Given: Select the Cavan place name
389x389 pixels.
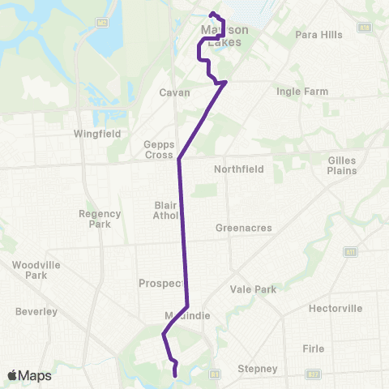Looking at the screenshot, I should point(174,92).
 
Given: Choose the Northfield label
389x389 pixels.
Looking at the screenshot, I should point(239,169).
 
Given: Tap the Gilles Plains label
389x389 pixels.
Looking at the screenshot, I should point(342,166).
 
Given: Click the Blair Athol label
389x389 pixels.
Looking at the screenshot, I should point(166,210).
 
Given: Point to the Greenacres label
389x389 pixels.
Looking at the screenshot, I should point(244,228).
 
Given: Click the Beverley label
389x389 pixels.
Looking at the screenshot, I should point(36,311).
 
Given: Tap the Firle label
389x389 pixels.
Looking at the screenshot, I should point(313,348).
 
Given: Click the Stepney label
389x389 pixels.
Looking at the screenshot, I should point(259,369).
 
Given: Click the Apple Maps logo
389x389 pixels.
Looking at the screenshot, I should point(29,375).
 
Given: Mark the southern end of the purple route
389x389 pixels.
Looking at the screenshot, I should point(176,374).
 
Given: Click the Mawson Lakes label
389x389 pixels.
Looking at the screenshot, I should point(223,36).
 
